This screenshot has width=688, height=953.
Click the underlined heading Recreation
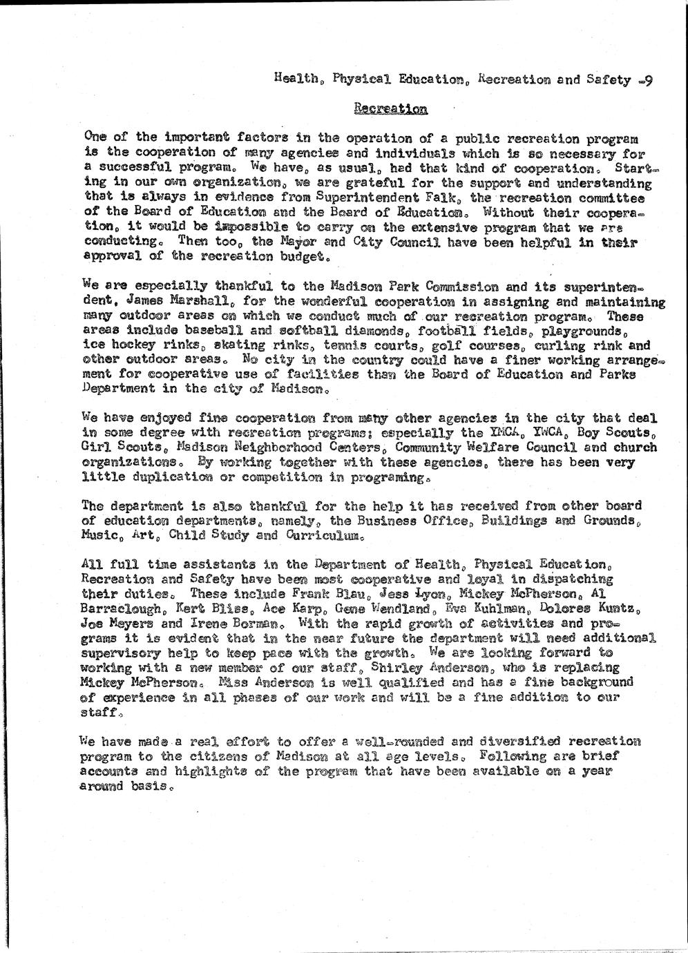click(x=390, y=108)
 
